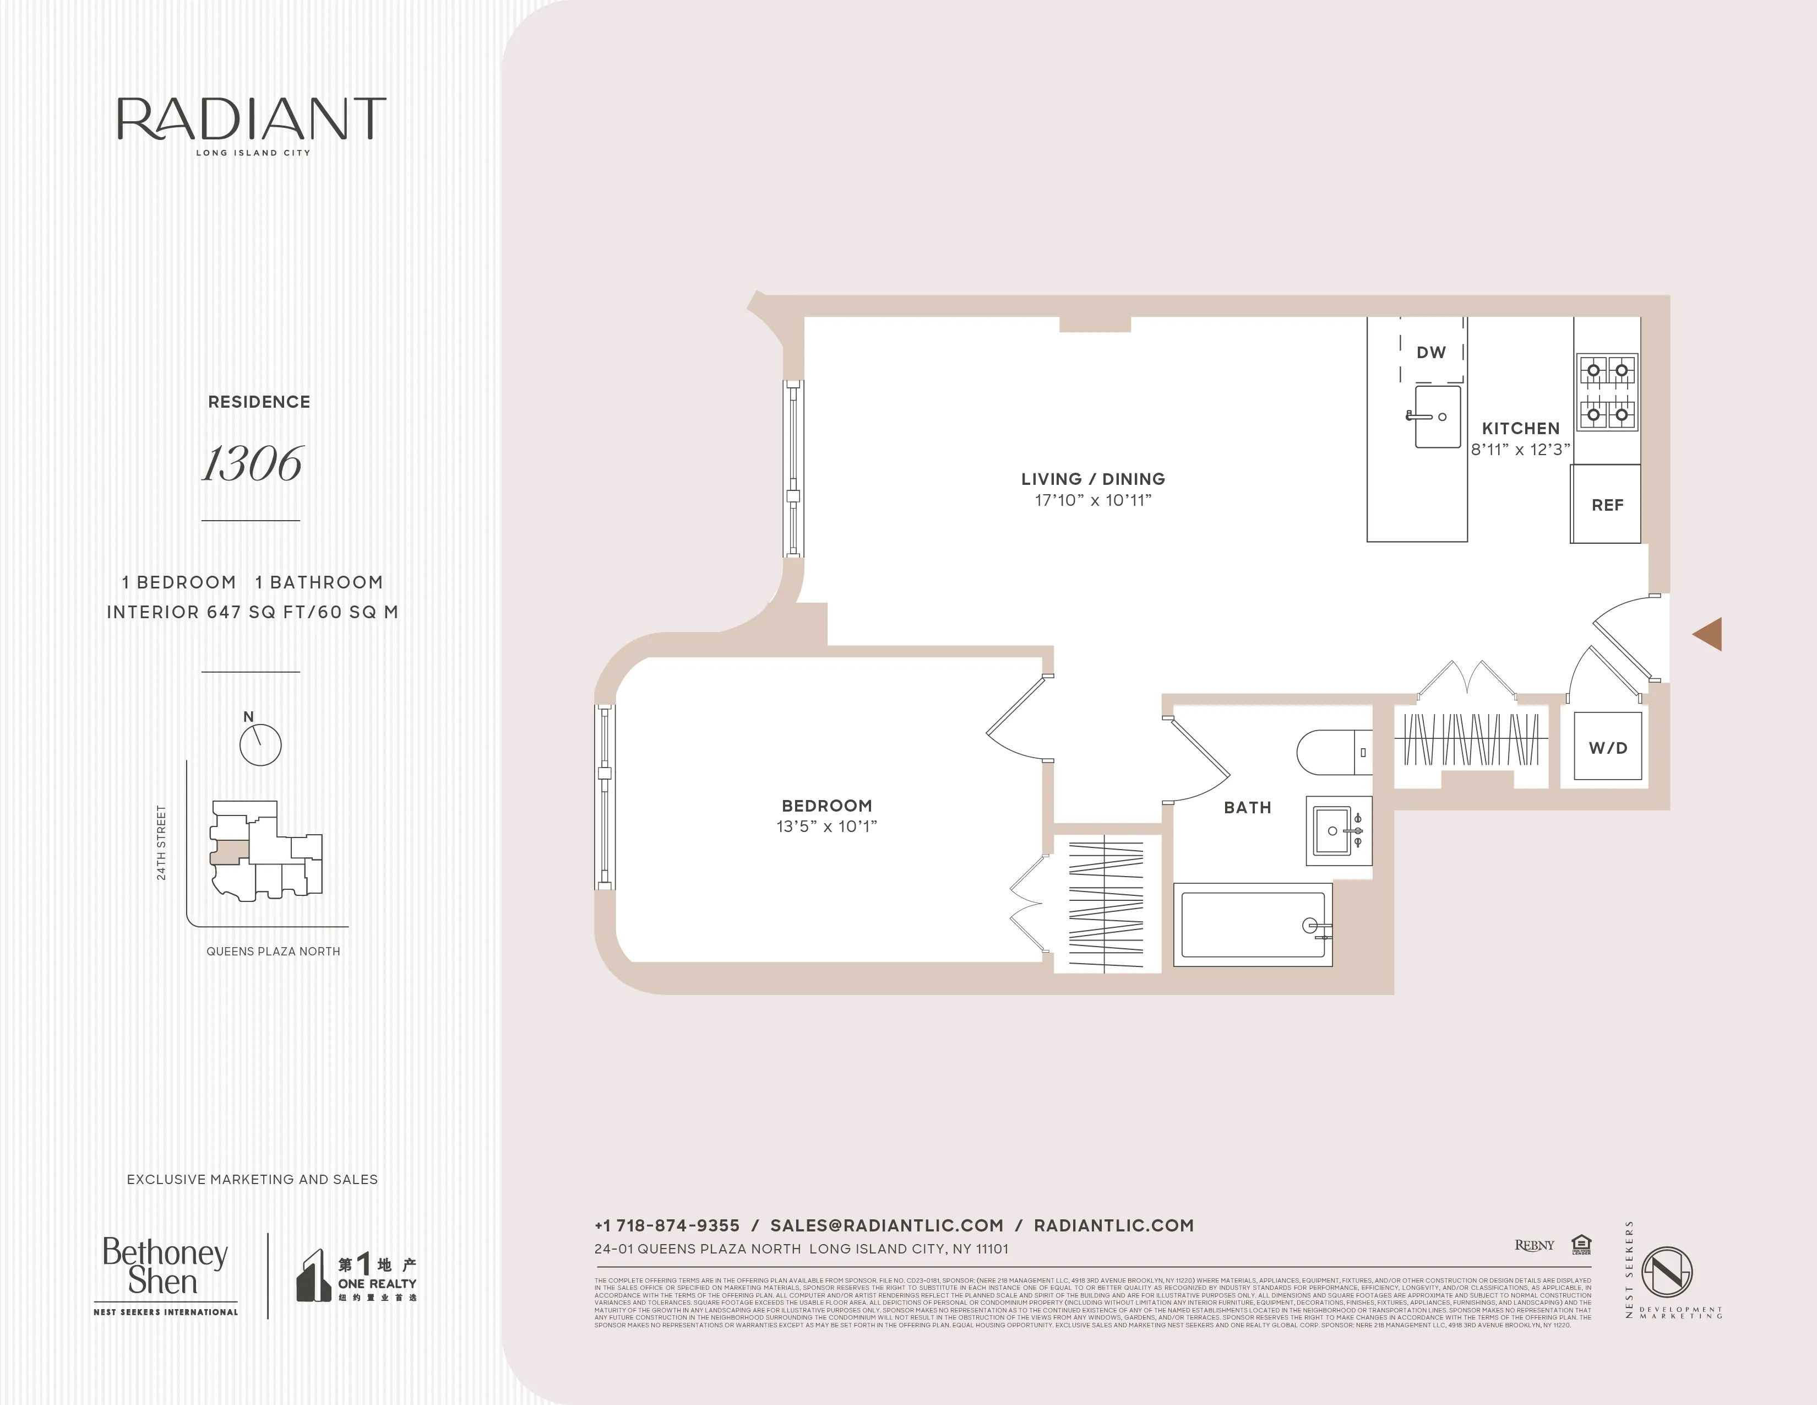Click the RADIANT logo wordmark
coord(251,119)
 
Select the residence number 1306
coord(252,463)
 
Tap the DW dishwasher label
coord(1431,352)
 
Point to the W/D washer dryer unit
coord(1607,747)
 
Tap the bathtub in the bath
coord(1252,925)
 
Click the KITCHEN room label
coord(1521,428)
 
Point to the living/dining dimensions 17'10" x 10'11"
coord(1093,500)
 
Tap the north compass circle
coord(260,744)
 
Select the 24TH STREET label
coord(161,842)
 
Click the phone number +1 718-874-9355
coord(666,1225)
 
